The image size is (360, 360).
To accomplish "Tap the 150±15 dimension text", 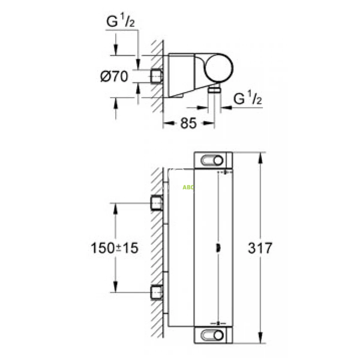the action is (114, 248).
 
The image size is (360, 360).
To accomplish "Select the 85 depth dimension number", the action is (188, 123).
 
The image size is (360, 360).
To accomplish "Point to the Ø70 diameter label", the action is (114, 76).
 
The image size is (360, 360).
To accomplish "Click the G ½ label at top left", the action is (120, 20).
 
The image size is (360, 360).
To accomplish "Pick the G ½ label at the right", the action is (247, 97).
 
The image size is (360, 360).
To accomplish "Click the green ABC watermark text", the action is (188, 187).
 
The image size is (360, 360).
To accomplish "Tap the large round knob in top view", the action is (218, 68).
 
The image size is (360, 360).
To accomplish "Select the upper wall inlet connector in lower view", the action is (157, 203).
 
